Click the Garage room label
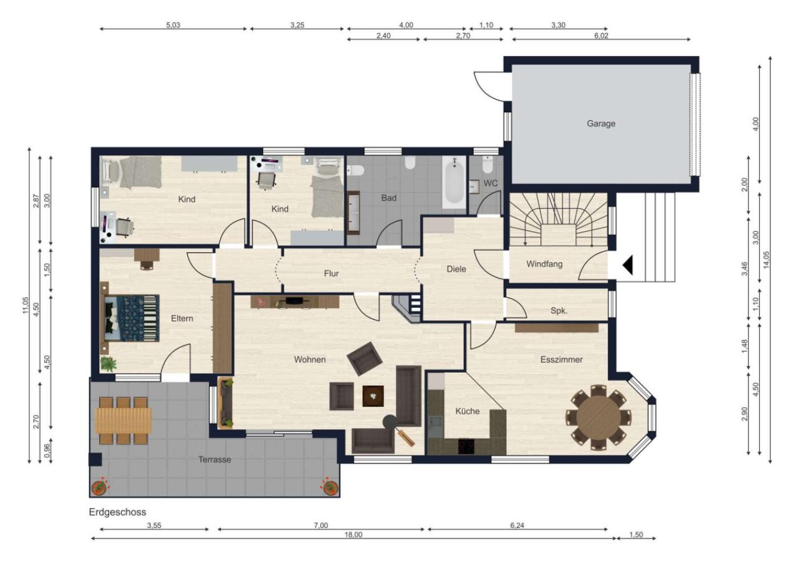(601, 123)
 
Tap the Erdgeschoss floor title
(118, 512)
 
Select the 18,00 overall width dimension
(353, 534)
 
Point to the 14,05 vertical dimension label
(766, 260)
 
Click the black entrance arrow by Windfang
(628, 265)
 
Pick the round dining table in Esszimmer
(598, 418)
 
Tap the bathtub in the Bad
(454, 182)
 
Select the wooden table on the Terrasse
(123, 421)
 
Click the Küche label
(468, 411)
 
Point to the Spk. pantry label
(559, 311)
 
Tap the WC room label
(490, 183)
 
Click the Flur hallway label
(332, 273)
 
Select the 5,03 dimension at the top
(173, 25)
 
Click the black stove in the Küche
(466, 446)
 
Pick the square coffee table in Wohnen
(373, 396)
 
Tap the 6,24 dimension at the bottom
(517, 525)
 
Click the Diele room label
(456, 269)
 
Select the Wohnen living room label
(310, 359)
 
